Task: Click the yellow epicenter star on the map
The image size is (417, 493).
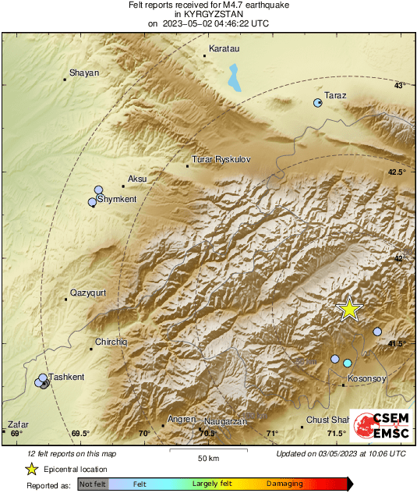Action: click(x=350, y=309)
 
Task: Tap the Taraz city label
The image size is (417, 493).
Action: click(x=335, y=96)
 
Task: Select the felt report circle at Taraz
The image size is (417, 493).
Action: click(x=318, y=103)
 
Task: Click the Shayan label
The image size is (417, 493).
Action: click(x=84, y=73)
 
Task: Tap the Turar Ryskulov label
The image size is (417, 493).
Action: click(x=221, y=159)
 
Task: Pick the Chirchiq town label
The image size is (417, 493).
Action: click(x=110, y=342)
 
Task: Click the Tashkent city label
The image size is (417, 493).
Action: click(x=66, y=378)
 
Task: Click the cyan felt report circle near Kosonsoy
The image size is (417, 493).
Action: click(x=348, y=363)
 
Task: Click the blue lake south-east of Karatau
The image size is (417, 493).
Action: click(x=233, y=78)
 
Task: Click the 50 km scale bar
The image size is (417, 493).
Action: click(x=207, y=450)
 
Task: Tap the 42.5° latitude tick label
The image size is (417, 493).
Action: click(x=398, y=172)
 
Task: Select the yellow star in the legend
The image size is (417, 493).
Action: click(x=32, y=469)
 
